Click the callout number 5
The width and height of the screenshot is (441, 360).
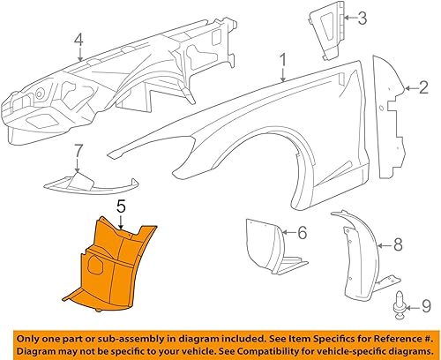coord(122,209)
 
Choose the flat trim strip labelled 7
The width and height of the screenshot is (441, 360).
coord(88,183)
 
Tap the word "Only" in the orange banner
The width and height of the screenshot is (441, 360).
coord(32,336)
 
